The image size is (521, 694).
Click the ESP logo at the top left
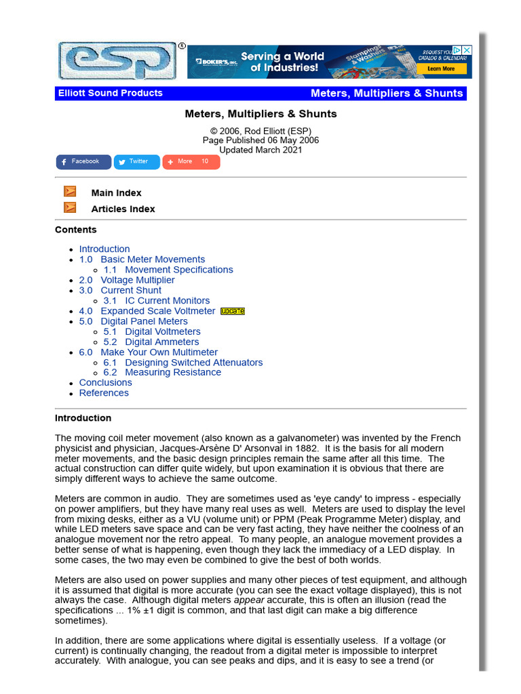[x=117, y=62]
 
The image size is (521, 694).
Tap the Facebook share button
[x=83, y=162]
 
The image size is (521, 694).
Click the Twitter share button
[x=137, y=162]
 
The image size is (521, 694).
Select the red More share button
[x=191, y=162]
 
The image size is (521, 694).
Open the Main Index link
[x=116, y=193]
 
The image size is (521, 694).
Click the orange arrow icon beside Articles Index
[x=70, y=208]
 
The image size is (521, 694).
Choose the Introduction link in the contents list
[x=104, y=249]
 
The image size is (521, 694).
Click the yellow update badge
[x=233, y=311]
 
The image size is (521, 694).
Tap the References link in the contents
[x=104, y=393]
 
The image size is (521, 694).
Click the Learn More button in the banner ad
[x=441, y=68]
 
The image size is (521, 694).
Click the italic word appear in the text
[x=248, y=600]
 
